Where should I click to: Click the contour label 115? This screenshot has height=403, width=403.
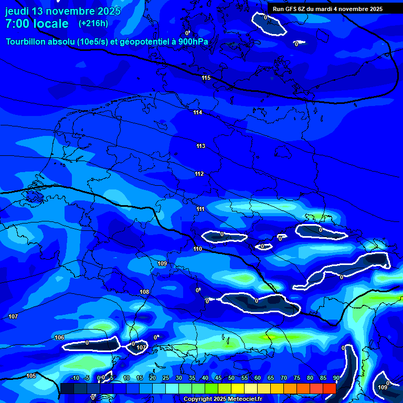point(206,78)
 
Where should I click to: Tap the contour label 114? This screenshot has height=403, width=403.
point(198,113)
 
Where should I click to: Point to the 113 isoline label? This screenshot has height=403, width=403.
point(201,146)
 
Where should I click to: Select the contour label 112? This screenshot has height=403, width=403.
point(199,174)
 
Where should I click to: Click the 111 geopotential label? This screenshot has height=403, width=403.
point(201,209)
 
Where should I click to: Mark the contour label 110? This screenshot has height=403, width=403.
point(197,249)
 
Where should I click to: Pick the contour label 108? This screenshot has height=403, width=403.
point(144,292)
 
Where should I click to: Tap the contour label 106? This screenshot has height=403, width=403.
point(59,337)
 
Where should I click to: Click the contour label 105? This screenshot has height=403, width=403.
point(31,376)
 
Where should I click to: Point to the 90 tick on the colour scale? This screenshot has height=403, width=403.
point(336,378)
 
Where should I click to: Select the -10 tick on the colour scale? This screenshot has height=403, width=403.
point(75,378)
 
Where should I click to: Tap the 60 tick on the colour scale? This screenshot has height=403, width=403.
point(258,378)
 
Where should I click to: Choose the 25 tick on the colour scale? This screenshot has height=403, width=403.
point(166,378)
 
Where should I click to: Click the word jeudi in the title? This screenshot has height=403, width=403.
point(17,11)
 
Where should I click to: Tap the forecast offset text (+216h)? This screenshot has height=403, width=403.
point(93,24)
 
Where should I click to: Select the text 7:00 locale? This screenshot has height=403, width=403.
point(37,24)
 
